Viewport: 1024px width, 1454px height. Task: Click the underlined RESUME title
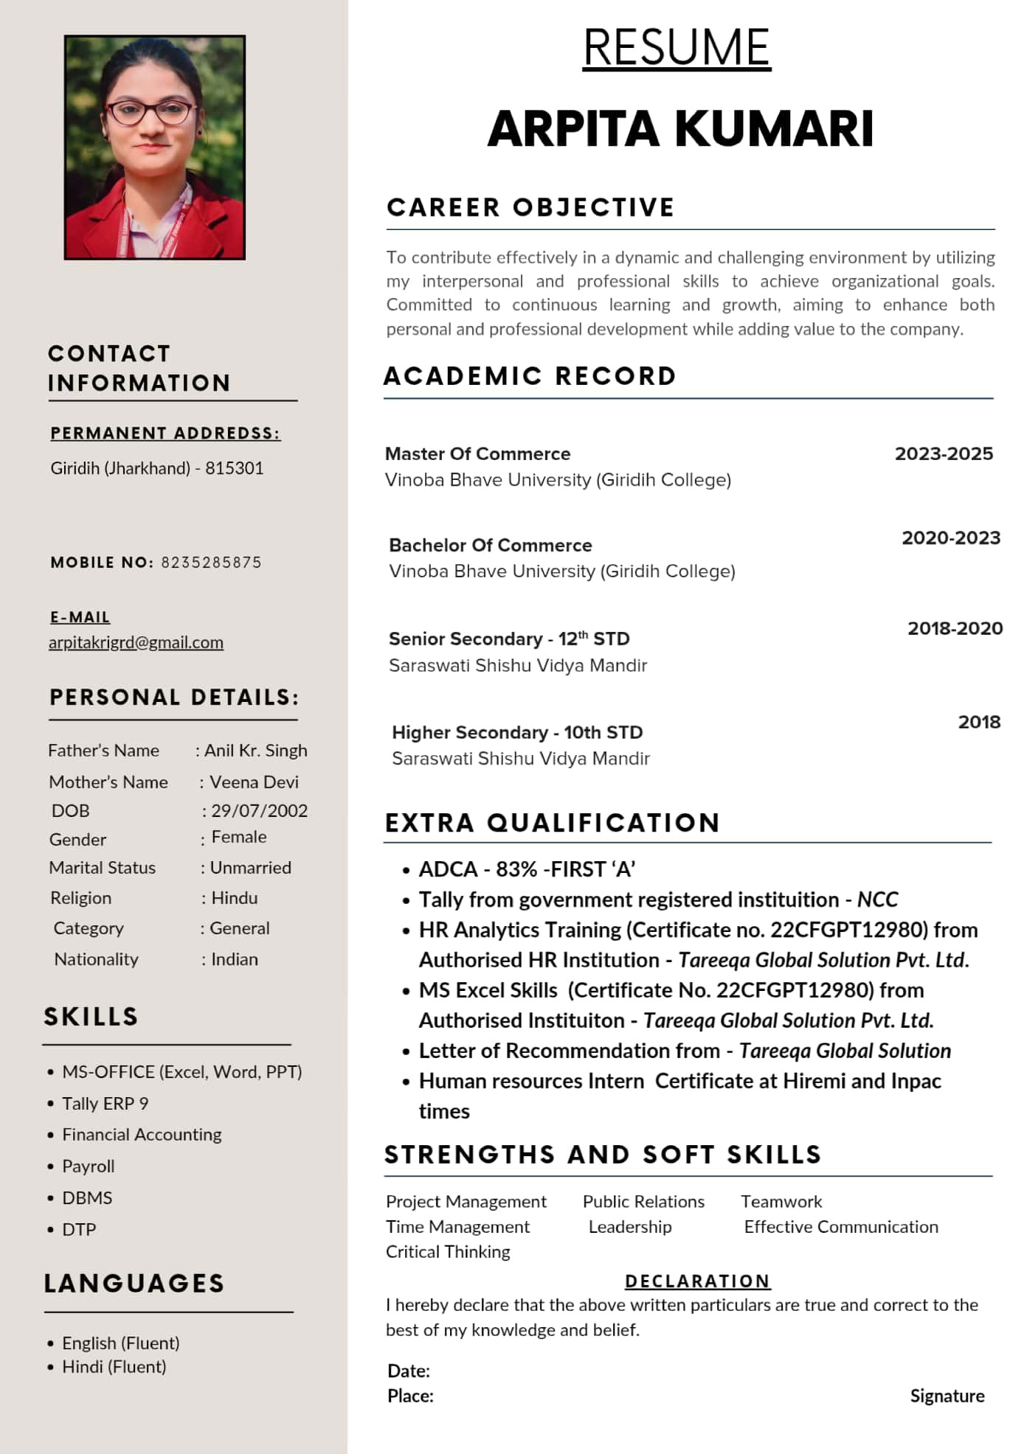pyautogui.click(x=677, y=48)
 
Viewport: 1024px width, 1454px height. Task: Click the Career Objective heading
pyautogui.click(x=530, y=207)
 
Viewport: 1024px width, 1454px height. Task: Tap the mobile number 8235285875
pyautogui.click(x=211, y=563)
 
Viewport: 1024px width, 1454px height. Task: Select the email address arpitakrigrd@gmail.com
pyautogui.click(x=136, y=642)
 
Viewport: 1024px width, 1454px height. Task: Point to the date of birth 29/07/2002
pyautogui.click(x=259, y=810)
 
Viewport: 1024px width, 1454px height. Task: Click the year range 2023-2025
pyautogui.click(x=944, y=453)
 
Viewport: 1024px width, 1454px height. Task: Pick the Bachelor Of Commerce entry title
pyautogui.click(x=491, y=545)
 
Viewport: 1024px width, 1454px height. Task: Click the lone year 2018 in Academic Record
pyautogui.click(x=979, y=722)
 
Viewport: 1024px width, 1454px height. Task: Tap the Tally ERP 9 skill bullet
pyautogui.click(x=105, y=1103)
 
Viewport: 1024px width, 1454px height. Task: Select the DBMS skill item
pyautogui.click(x=87, y=1197)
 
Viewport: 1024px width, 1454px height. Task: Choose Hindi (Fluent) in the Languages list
pyautogui.click(x=114, y=1366)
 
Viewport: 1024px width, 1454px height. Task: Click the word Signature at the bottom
pyautogui.click(x=947, y=1396)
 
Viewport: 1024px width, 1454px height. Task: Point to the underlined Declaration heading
pyautogui.click(x=697, y=1281)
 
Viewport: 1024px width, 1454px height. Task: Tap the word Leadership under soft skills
pyautogui.click(x=630, y=1226)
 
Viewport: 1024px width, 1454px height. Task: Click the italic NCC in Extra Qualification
pyautogui.click(x=877, y=900)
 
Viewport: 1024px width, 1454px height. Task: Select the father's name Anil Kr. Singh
pyautogui.click(x=255, y=750)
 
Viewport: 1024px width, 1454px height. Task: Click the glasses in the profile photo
pyautogui.click(x=151, y=113)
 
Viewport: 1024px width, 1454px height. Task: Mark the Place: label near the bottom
pyautogui.click(x=410, y=1396)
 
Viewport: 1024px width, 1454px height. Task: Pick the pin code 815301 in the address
pyautogui.click(x=235, y=468)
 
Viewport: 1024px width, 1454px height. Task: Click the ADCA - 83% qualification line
pyautogui.click(x=527, y=869)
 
